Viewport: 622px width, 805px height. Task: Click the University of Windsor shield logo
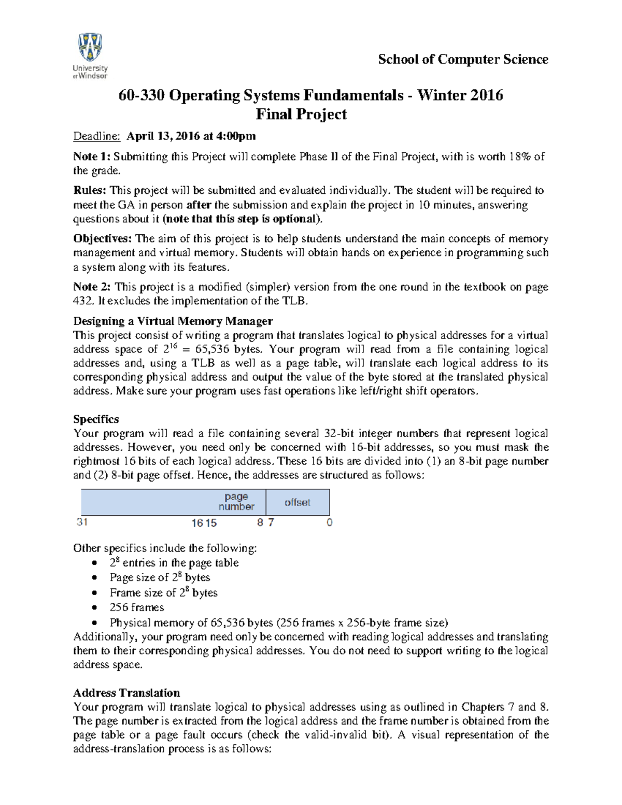click(x=90, y=48)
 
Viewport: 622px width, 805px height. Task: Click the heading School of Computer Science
click(x=463, y=60)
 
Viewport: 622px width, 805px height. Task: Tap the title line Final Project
click(x=301, y=115)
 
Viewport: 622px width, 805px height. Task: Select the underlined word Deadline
click(x=96, y=136)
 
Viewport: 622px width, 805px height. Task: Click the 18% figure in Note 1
click(x=519, y=157)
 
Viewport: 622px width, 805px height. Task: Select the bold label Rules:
click(x=90, y=190)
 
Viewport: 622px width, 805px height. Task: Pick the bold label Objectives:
click(x=103, y=238)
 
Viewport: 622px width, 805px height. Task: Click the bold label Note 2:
click(x=92, y=287)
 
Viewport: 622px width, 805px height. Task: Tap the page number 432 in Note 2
click(x=83, y=301)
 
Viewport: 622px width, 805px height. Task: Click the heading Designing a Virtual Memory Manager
click(x=173, y=321)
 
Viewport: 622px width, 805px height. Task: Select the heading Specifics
click(x=96, y=419)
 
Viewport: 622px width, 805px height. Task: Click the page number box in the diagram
click(x=236, y=502)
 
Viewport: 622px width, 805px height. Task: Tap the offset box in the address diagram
click(x=298, y=502)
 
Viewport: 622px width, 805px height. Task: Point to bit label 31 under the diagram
click(x=82, y=522)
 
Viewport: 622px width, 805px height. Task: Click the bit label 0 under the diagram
click(x=329, y=522)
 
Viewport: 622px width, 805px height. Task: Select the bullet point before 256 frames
click(x=94, y=608)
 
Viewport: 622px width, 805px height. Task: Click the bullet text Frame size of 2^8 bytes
click(x=163, y=592)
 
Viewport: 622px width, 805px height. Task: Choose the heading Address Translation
click(x=126, y=693)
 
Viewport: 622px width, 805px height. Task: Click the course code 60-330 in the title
click(x=142, y=95)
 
